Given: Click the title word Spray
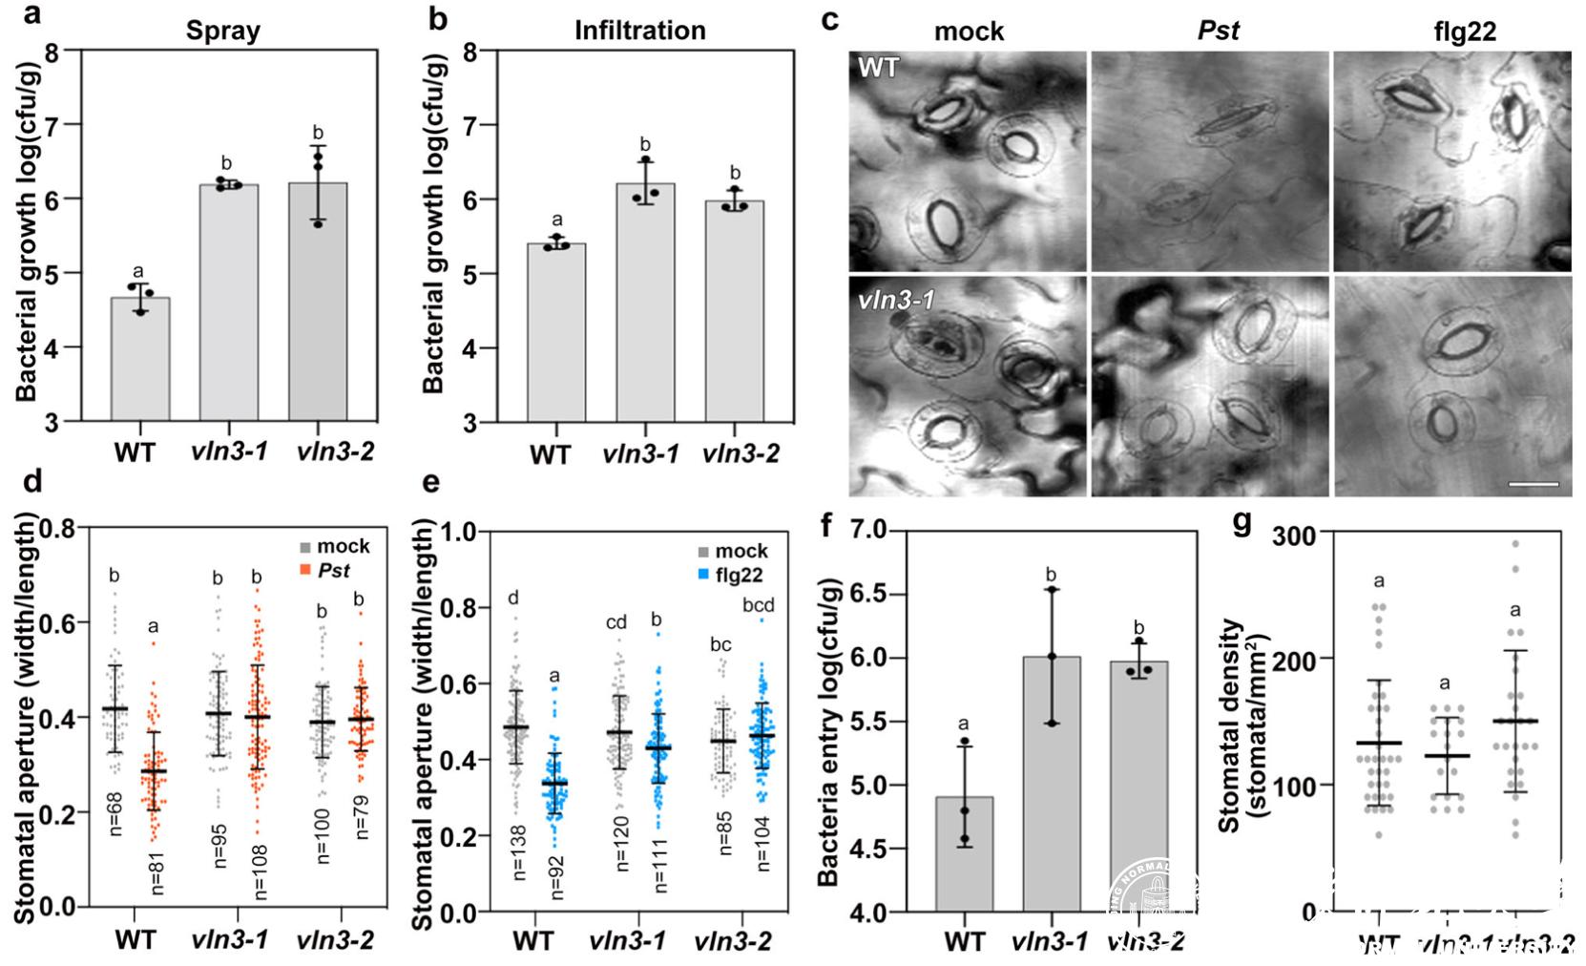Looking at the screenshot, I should (222, 31).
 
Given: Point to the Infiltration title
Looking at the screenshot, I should (639, 31).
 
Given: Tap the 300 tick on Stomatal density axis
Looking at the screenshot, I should (1292, 535).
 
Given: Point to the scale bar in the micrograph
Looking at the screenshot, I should (1534, 485).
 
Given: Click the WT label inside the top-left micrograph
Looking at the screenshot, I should (878, 68).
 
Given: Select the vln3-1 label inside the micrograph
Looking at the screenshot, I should (895, 300).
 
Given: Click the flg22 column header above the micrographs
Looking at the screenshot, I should (1464, 31).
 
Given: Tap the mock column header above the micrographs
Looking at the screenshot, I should (969, 31).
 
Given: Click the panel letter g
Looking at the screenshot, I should (1242, 522).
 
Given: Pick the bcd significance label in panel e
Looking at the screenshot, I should (759, 605).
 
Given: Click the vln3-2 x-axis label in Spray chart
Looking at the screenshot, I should (334, 451).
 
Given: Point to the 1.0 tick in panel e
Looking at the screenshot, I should (459, 532).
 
